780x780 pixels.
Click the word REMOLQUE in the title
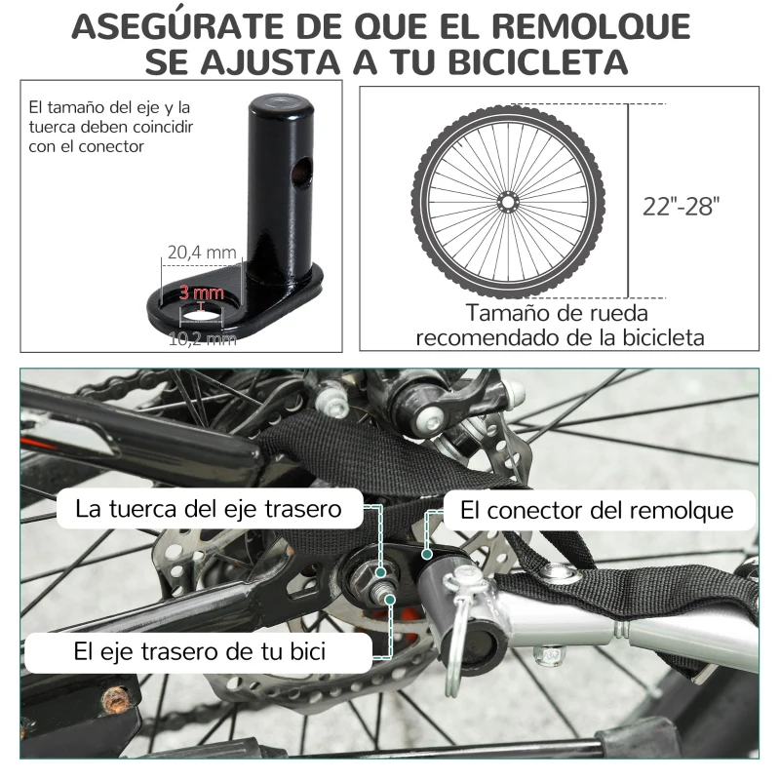click(577, 26)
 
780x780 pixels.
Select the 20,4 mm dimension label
click(202, 253)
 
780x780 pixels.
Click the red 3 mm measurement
click(201, 292)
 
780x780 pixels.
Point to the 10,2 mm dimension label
click(202, 338)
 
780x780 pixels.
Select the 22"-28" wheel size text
click(682, 206)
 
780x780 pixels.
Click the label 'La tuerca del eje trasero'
click(208, 508)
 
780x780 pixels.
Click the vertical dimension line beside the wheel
click(627, 200)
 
